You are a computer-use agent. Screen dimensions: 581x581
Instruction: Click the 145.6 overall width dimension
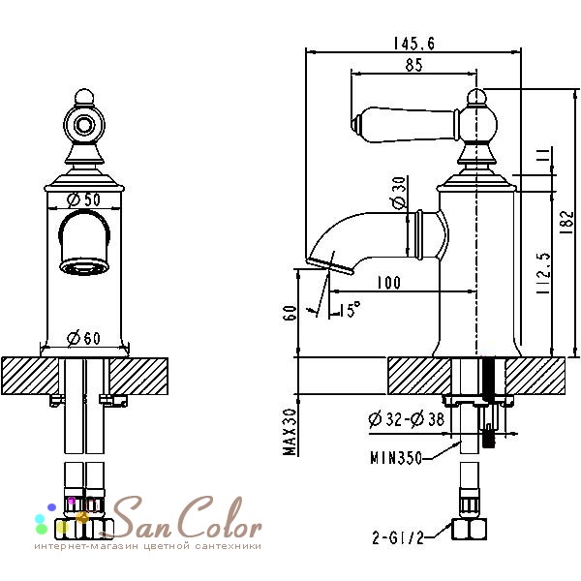413,44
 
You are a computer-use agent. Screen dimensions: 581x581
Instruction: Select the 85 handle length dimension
413,65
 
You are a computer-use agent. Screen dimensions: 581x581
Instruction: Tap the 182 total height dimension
566,222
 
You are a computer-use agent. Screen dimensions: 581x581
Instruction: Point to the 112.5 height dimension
544,273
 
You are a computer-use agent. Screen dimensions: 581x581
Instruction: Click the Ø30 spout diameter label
399,192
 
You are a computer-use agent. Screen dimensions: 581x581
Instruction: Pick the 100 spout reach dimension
388,283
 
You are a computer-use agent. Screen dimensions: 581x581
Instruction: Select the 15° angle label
350,309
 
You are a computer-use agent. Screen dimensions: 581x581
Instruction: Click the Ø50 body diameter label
83,199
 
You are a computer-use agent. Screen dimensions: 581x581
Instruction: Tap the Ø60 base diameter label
83,338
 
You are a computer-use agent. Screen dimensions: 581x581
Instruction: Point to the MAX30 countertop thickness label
290,432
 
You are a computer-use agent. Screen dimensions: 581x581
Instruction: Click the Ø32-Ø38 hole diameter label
406,419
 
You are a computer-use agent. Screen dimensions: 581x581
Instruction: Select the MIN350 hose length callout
396,458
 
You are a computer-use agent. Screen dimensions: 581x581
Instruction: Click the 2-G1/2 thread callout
398,537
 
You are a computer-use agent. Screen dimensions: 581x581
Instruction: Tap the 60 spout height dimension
290,313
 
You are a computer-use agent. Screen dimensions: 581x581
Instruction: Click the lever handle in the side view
406,124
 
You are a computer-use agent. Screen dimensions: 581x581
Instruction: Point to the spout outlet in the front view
84,266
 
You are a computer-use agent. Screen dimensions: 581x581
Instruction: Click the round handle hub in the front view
84,125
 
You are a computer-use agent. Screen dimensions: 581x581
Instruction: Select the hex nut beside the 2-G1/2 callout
469,530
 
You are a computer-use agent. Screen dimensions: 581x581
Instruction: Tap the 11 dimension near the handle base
543,155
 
